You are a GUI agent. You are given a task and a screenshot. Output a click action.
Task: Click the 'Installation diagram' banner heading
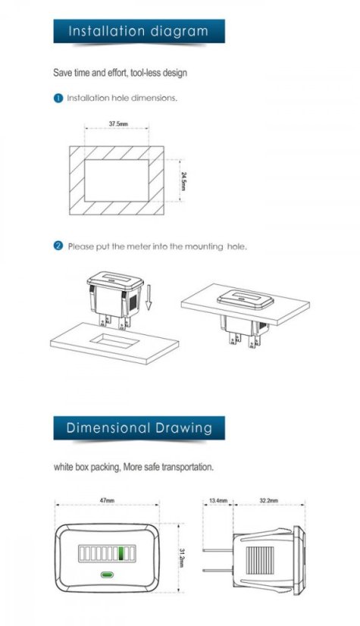point(139,31)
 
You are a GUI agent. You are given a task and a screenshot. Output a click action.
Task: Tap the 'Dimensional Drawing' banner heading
point(139,427)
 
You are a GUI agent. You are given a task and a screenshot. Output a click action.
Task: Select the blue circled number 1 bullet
point(58,99)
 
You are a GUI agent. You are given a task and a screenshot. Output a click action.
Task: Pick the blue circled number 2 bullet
point(58,246)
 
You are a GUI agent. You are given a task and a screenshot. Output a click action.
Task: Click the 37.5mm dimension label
point(118,124)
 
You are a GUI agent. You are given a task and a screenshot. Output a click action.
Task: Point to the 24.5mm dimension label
point(183,181)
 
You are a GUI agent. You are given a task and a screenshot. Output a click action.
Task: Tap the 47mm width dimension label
point(107,500)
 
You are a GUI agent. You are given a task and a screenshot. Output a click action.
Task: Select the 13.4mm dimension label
point(218,500)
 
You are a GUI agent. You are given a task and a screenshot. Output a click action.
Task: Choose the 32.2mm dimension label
point(269,500)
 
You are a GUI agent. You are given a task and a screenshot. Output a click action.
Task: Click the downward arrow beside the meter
point(149,299)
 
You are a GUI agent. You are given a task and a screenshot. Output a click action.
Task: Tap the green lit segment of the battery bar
point(124,553)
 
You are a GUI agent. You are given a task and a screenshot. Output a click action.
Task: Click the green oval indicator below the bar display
point(107,575)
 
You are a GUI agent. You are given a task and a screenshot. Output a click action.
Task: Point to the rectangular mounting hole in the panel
point(114,340)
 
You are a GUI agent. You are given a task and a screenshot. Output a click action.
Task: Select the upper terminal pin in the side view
point(218,550)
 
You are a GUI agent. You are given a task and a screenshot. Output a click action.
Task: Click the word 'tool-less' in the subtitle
point(145,73)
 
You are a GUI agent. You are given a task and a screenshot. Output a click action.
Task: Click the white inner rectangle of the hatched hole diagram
point(117,180)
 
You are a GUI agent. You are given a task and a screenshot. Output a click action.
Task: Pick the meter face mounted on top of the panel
point(245,299)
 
